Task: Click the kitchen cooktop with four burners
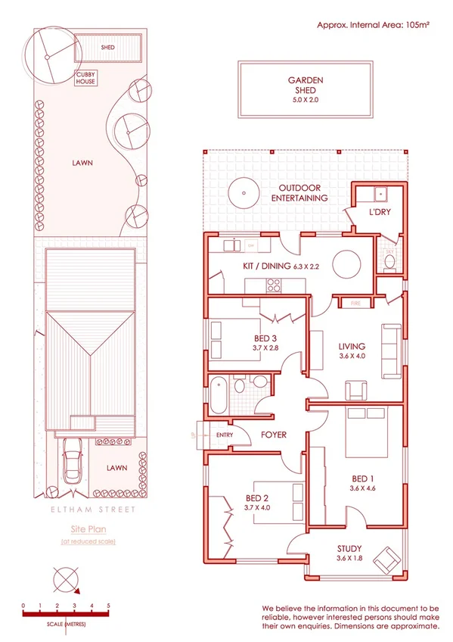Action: point(274,285)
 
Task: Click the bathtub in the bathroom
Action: point(218,394)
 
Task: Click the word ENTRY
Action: point(225,435)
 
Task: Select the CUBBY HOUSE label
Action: point(85,78)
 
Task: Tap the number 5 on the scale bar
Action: point(108,606)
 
